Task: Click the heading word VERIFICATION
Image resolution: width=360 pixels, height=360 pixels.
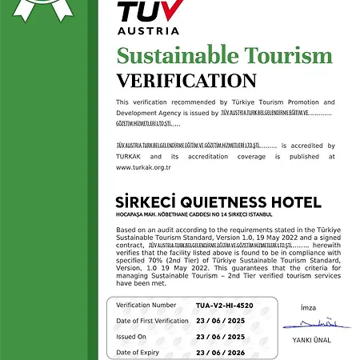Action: pyautogui.click(x=186, y=81)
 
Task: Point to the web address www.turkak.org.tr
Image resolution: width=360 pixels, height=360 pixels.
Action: pyautogui.click(x=143, y=166)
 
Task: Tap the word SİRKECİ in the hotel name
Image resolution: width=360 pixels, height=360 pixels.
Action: pyautogui.click(x=143, y=202)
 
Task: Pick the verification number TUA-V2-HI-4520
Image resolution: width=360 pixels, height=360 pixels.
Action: pyautogui.click(x=225, y=305)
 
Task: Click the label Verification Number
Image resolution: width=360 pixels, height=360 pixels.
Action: pyautogui.click(x=146, y=305)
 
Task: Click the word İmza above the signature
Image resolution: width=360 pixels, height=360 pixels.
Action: pyautogui.click(x=309, y=307)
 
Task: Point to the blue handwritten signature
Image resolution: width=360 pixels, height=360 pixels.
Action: pyautogui.click(x=317, y=324)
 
